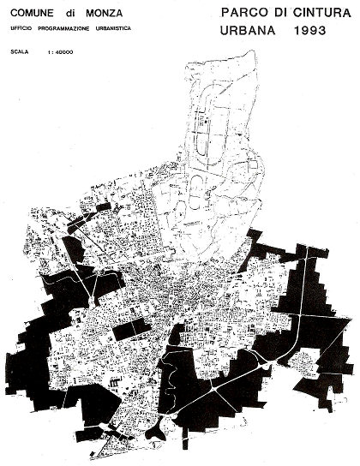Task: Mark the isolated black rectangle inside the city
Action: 132,329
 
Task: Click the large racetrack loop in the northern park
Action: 206,137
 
